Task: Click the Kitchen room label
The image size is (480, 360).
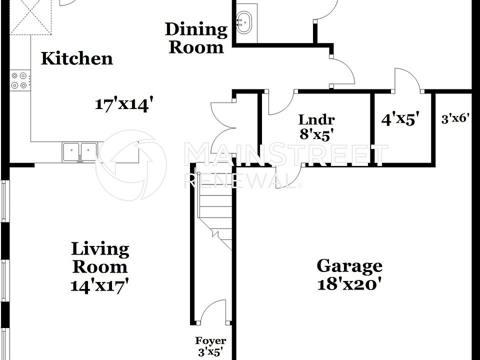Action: coord(76,58)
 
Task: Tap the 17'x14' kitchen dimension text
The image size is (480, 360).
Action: coord(123,104)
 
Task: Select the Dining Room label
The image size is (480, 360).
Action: coord(196,38)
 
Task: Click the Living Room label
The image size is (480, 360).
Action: coord(100,257)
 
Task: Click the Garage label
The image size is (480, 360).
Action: coord(349,265)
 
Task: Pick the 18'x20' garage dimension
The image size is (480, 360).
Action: coord(349,284)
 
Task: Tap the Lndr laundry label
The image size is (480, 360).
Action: coord(316,120)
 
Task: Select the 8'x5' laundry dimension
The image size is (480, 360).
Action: coord(316,133)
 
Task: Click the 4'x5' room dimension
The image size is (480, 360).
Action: coord(400,119)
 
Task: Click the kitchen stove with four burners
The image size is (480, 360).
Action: coord(20,80)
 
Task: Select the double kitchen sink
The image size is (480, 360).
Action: coord(80,151)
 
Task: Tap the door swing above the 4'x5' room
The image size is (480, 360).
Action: coord(406,80)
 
